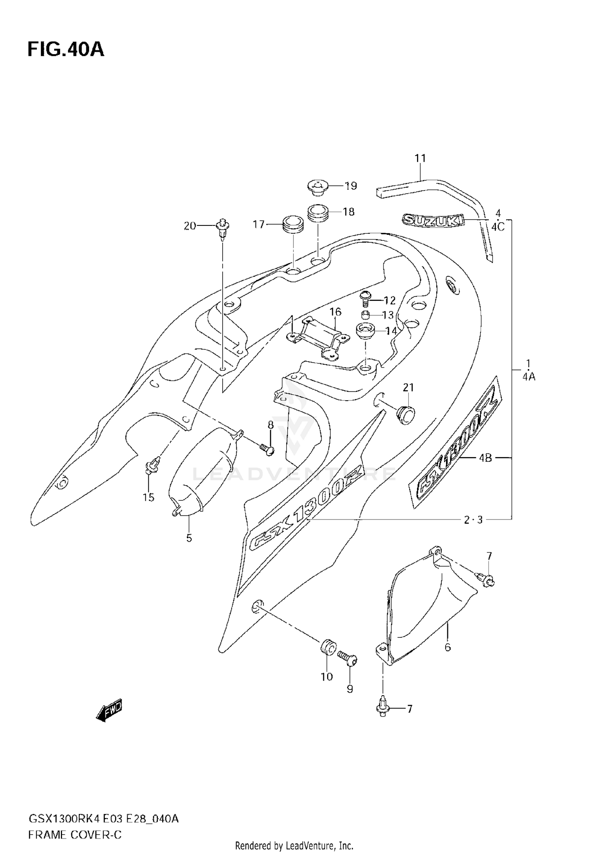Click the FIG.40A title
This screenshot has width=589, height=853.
coord(66,50)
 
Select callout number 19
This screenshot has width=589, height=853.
coord(351,186)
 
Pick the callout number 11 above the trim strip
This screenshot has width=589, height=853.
coord(420,158)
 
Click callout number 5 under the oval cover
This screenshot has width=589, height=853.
coord(189,538)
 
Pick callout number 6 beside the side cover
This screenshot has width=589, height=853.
coord(448,647)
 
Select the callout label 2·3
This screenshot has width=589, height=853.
coord(472,520)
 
